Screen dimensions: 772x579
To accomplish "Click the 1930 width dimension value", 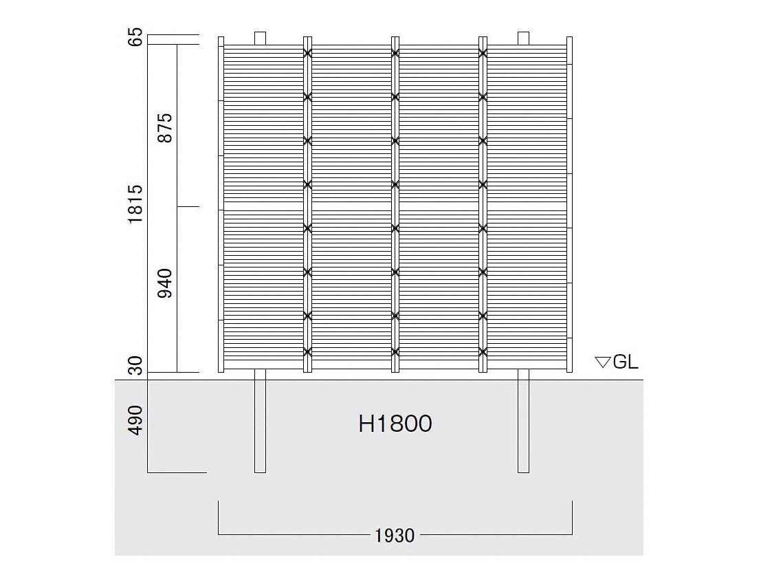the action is tap(395, 536).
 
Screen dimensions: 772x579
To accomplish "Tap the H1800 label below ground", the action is tap(395, 424).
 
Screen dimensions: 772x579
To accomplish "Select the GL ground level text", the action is tap(626, 362).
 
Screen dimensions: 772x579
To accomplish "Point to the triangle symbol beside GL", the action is tap(603, 362).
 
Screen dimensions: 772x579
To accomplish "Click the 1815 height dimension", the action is tap(135, 204).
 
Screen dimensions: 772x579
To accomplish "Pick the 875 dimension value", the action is tap(165, 128).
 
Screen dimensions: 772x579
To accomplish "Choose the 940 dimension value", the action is tap(165, 283).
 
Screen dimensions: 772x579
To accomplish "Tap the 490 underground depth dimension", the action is tap(135, 420).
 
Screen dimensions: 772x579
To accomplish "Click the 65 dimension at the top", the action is tap(135, 37).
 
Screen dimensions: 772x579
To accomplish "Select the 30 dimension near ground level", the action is tap(135, 365).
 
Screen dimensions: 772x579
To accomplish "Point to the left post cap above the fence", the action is tap(260, 39).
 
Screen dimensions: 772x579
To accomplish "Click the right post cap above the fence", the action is tap(523, 39).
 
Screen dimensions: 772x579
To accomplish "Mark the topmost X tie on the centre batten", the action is tap(395, 53).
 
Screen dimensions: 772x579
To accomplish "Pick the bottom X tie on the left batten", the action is tap(308, 352).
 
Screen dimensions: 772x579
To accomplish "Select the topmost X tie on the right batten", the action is tap(483, 53).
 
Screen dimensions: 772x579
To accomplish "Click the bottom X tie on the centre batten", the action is tap(395, 352).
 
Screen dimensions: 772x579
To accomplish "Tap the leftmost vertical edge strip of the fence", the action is tap(221, 204).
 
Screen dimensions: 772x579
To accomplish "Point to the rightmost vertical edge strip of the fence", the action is tap(570, 204).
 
